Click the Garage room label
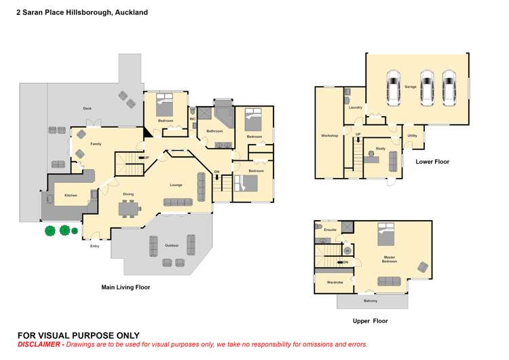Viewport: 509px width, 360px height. point(411,87)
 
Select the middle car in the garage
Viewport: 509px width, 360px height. point(426,88)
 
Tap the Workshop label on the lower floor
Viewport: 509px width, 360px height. point(329,136)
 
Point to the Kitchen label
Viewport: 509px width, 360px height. point(71,195)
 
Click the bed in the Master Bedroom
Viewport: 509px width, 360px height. point(386,234)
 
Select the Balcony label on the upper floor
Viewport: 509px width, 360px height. point(371,301)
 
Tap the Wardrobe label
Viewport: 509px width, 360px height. point(335,282)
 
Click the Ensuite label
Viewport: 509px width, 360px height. point(331,230)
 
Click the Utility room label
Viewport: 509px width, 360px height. point(412,136)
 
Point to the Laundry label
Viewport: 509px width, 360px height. point(355,107)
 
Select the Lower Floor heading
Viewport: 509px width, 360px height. point(432,162)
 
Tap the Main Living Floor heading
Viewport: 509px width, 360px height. point(125,287)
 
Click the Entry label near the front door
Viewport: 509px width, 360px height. point(94,246)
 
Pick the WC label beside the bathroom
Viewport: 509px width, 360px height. point(192,119)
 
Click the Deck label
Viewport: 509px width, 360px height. point(87,109)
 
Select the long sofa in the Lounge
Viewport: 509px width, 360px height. point(178,202)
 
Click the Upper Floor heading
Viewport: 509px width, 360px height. point(370,321)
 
